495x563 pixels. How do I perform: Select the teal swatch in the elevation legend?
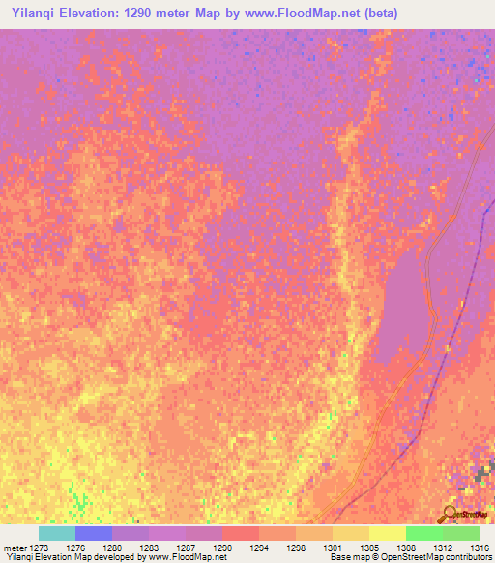click(57, 533)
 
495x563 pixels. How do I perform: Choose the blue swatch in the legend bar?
click(94, 533)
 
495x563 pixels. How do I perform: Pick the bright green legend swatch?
click(424, 533)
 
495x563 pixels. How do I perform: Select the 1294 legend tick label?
click(259, 548)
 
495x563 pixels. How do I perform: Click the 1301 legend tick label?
click(332, 548)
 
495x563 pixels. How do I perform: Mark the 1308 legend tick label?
click(405, 548)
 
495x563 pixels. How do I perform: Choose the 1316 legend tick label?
click(479, 548)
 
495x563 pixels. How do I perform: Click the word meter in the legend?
click(15, 548)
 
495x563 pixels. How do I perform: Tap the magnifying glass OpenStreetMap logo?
click(449, 513)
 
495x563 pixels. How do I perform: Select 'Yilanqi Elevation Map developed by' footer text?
click(72, 558)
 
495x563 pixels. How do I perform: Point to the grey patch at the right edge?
click(485, 473)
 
